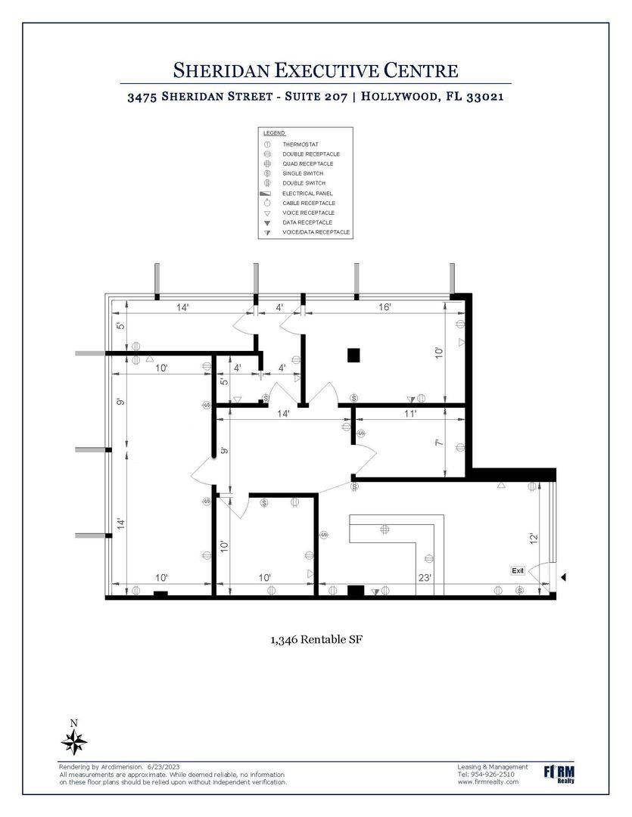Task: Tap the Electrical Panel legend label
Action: click(307, 194)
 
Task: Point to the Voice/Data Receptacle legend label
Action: click(316, 232)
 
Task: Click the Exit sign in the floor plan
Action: click(518, 571)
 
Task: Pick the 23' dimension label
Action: click(425, 577)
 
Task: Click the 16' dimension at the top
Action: click(384, 307)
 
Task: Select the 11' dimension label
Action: click(410, 414)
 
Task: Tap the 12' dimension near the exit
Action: click(534, 539)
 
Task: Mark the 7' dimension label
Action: click(440, 443)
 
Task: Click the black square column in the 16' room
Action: click(353, 355)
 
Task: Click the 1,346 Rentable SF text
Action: click(316, 639)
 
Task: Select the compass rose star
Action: click(74, 743)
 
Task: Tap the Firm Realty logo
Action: click(559, 775)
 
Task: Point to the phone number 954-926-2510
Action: click(493, 775)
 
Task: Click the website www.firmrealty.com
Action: click(488, 781)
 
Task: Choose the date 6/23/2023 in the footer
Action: click(163, 767)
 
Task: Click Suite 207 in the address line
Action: click(316, 97)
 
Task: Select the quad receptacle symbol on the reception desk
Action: click(384, 530)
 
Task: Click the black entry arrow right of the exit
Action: click(562, 577)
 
